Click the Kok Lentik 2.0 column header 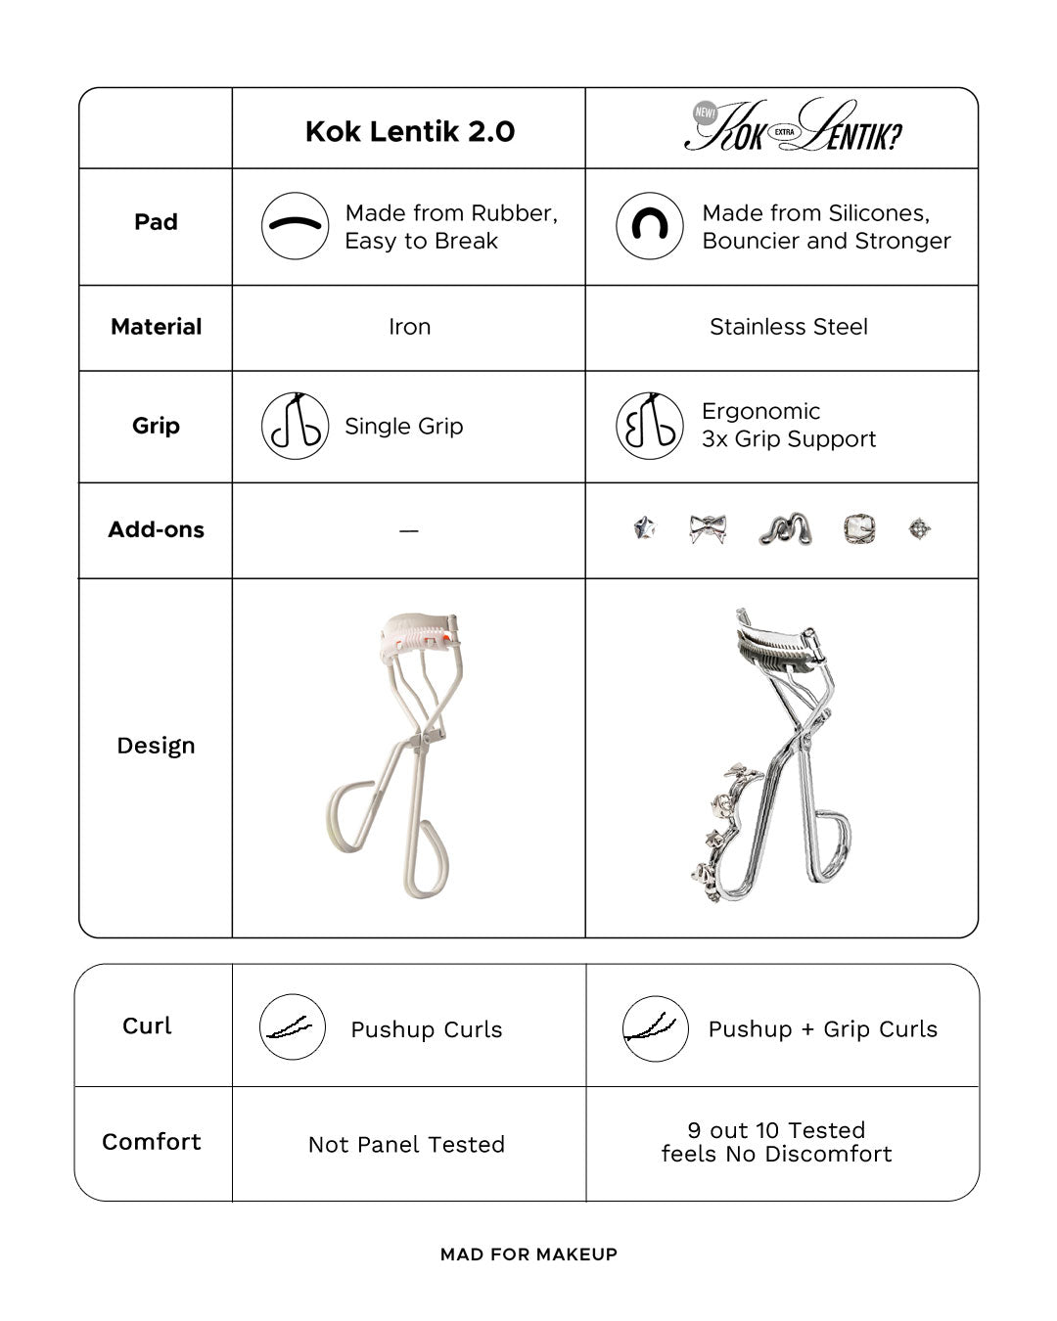coord(409,131)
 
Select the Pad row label coord(156,222)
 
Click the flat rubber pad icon coord(295,225)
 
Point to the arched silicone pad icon coord(649,225)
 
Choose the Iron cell coord(409,327)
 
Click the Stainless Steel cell coord(788,327)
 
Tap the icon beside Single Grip coord(295,426)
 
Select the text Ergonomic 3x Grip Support coord(789,425)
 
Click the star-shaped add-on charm coord(644,529)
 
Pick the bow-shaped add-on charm coord(708,529)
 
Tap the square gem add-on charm coord(859,529)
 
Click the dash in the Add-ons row coord(409,530)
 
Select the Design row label coord(156,746)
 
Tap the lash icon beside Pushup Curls coord(293,1027)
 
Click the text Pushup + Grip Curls coord(822,1028)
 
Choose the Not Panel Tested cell coord(406,1144)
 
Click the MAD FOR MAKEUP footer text coord(528,1254)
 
